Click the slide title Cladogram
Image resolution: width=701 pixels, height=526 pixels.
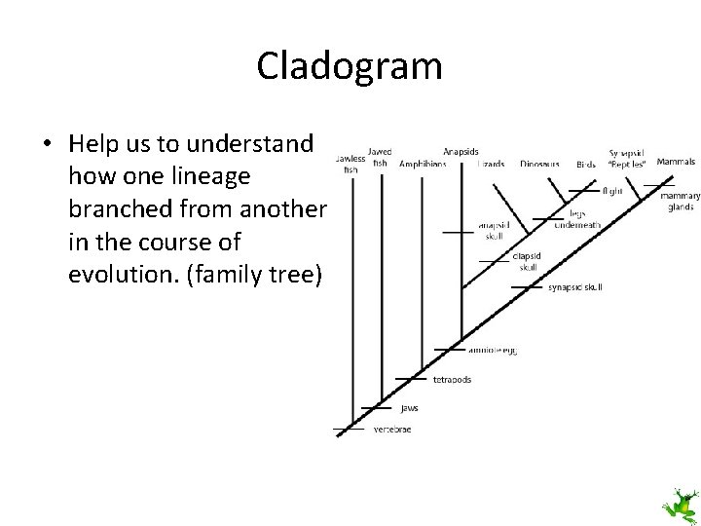(350, 66)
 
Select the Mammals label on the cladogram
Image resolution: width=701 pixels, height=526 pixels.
(676, 161)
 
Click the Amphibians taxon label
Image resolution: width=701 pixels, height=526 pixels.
(423, 165)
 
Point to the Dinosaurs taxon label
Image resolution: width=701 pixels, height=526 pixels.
(539, 165)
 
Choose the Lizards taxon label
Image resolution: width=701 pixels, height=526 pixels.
(491, 165)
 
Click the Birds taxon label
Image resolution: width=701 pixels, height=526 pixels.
(585, 165)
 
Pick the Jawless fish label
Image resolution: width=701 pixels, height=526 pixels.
(350, 163)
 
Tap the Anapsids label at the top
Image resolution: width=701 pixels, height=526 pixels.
(460, 152)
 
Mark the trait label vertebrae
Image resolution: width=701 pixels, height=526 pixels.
(392, 430)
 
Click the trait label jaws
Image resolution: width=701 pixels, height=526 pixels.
(410, 409)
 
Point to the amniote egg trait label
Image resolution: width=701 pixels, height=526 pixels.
(493, 349)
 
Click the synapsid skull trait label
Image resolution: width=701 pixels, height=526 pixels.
(575, 287)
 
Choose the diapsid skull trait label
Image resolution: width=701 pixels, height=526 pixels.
(526, 262)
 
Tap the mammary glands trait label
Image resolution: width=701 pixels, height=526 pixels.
(680, 201)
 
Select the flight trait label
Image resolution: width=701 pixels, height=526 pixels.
(612, 191)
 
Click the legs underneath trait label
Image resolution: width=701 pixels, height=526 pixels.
(576, 218)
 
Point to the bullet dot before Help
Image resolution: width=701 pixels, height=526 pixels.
(47, 144)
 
